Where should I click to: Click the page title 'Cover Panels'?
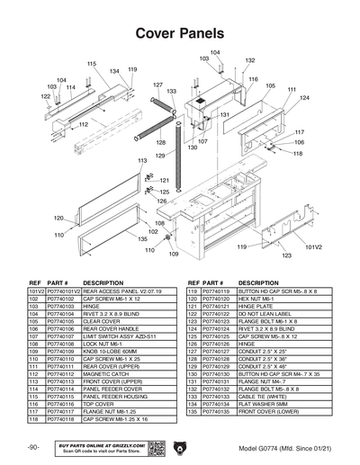tap(179, 33)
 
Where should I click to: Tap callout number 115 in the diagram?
tap(91, 64)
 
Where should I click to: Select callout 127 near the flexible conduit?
tap(157, 85)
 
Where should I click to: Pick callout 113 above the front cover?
tap(142, 160)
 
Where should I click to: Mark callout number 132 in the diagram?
tap(249, 60)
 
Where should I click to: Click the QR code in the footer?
tap(154, 447)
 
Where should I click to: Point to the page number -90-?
tap(33, 447)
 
